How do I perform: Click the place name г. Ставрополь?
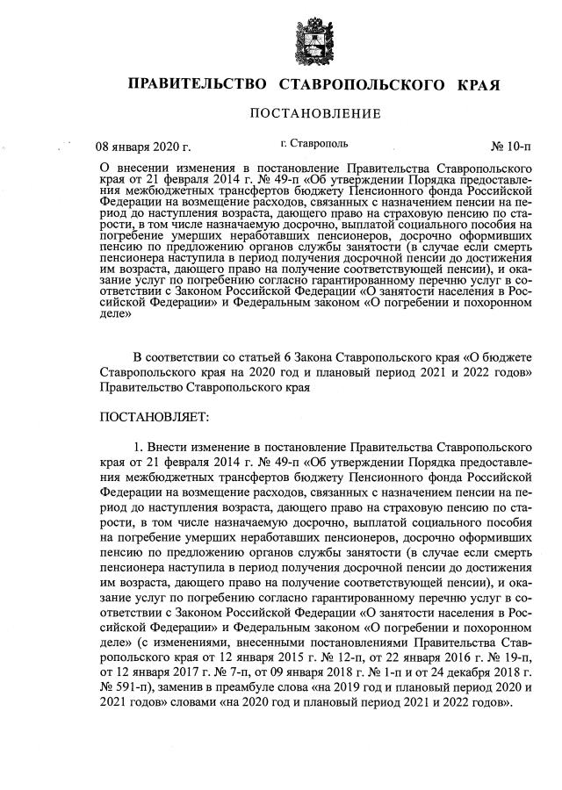pyautogui.click(x=313, y=142)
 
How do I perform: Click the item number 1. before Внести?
pyautogui.click(x=138, y=443)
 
